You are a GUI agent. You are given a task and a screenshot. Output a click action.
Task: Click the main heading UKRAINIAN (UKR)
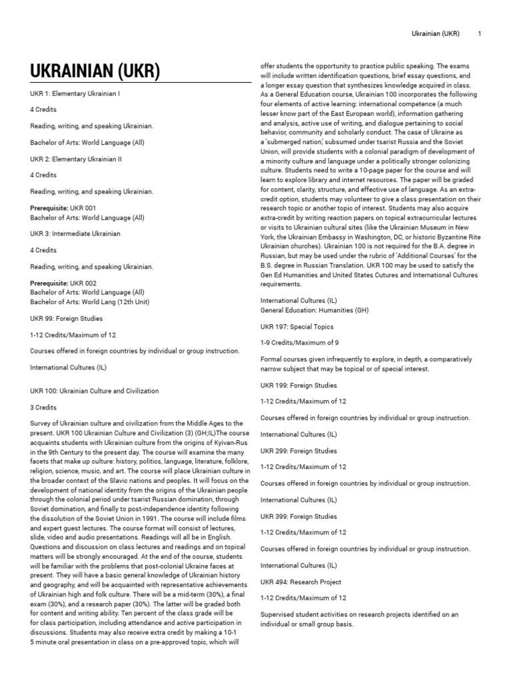(95, 71)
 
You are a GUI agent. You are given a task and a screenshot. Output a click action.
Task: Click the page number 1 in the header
(480, 33)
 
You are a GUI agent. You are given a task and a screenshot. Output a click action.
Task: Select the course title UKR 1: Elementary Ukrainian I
(75, 93)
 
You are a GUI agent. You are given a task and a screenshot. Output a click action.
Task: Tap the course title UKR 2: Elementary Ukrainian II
(76, 159)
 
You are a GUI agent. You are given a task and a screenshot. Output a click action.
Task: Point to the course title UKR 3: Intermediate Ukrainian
(75, 234)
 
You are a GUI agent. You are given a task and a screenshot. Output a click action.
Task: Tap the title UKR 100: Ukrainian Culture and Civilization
(95, 391)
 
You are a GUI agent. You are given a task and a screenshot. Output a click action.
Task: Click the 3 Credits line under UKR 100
(44, 407)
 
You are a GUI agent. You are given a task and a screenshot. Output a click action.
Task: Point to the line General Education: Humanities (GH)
(314, 310)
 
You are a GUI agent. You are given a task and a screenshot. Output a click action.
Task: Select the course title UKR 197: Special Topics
(297, 327)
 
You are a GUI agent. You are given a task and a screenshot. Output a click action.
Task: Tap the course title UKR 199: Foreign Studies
(299, 386)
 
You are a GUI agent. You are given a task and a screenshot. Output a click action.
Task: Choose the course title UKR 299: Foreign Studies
(299, 451)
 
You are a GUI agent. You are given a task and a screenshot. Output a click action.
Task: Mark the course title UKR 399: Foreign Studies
(299, 516)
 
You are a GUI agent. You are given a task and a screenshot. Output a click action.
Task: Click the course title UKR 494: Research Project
(300, 582)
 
